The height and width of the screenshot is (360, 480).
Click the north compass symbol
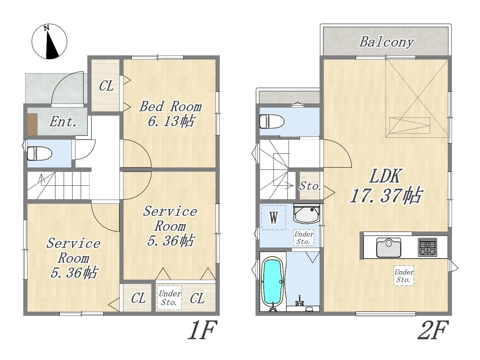[x=49, y=42]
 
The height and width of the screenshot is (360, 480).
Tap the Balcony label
[x=386, y=42]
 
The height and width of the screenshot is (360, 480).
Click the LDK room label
[x=386, y=176]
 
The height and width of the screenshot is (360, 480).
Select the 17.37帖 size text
[x=386, y=196]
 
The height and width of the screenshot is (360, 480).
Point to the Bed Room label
[x=170, y=107]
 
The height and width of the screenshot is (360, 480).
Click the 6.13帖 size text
[x=171, y=121]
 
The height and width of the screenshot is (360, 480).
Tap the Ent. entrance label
[x=63, y=121]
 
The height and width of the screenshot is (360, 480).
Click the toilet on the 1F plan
[x=39, y=153]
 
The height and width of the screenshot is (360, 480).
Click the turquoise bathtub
[x=273, y=282]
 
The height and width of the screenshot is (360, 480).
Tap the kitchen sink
[x=389, y=247]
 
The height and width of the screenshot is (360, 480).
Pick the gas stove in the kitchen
[x=427, y=247]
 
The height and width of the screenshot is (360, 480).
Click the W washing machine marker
[x=274, y=218]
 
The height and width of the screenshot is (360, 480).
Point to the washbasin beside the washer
[x=307, y=213]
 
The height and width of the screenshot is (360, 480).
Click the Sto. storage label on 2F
[x=310, y=186]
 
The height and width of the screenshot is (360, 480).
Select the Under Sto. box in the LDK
[x=404, y=275]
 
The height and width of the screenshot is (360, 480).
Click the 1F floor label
[x=202, y=330]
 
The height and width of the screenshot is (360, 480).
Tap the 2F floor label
[x=433, y=330]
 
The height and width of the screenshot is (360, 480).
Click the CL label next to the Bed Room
[x=106, y=86]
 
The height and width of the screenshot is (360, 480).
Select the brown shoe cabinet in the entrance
[x=32, y=124]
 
